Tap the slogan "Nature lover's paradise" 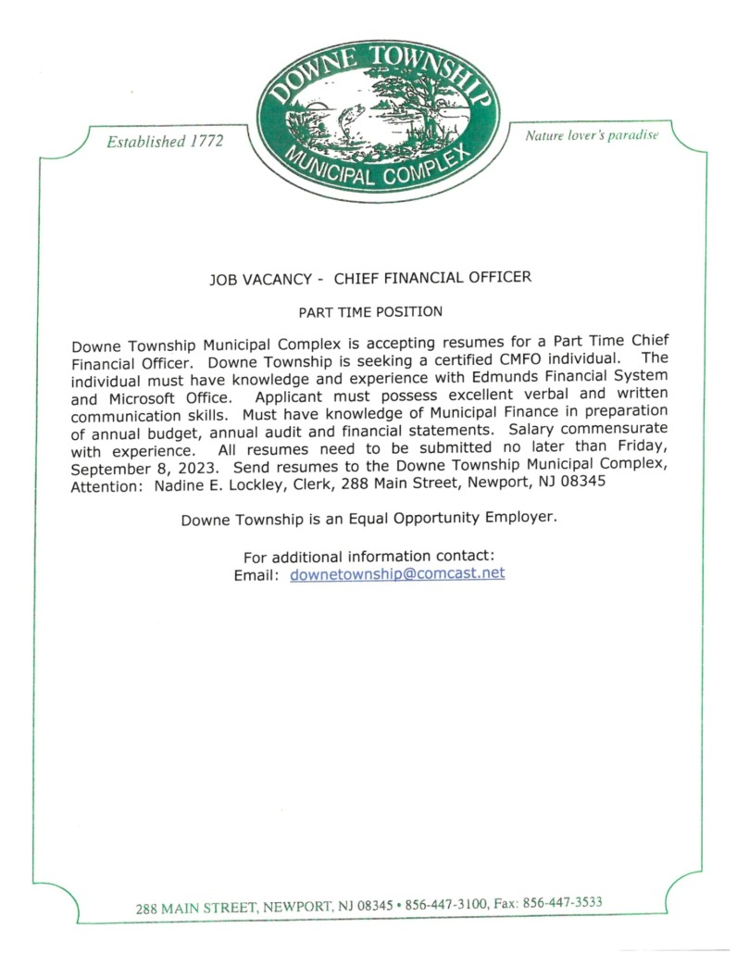592,135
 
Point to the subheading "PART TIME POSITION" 369,311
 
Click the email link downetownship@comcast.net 397,573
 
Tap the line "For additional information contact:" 368,557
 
